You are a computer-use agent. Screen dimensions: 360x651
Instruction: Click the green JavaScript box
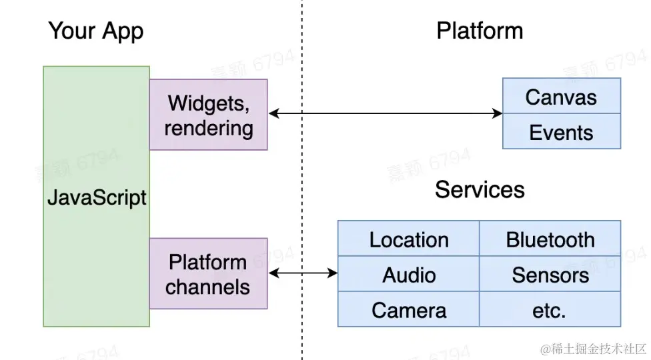[96, 197]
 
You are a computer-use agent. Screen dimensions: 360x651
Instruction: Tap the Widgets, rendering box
[208, 115]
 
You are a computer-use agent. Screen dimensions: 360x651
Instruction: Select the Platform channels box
[208, 273]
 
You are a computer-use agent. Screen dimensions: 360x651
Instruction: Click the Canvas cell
[561, 97]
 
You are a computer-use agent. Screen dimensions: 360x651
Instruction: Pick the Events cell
[561, 132]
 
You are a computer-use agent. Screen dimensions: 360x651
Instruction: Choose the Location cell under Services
[408, 239]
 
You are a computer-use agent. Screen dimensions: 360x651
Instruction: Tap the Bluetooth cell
[550, 239]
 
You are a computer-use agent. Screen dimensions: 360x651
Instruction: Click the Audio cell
[408, 275]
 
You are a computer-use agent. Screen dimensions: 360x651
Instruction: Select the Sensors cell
[550, 275]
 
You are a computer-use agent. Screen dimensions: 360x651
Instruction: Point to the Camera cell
[408, 310]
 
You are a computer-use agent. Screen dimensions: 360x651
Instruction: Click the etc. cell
[550, 310]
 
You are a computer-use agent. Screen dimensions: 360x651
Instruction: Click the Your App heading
[95, 31]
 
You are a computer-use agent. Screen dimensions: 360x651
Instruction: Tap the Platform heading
[480, 31]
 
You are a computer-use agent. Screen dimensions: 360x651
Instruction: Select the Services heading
[480, 190]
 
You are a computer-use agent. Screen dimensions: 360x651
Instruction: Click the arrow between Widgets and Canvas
[385, 114]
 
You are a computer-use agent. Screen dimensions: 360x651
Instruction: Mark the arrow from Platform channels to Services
[303, 273]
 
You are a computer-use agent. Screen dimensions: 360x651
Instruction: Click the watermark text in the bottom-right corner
[594, 349]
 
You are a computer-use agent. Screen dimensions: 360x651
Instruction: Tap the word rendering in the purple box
[208, 127]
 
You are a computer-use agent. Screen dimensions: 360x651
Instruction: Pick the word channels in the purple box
[208, 287]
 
